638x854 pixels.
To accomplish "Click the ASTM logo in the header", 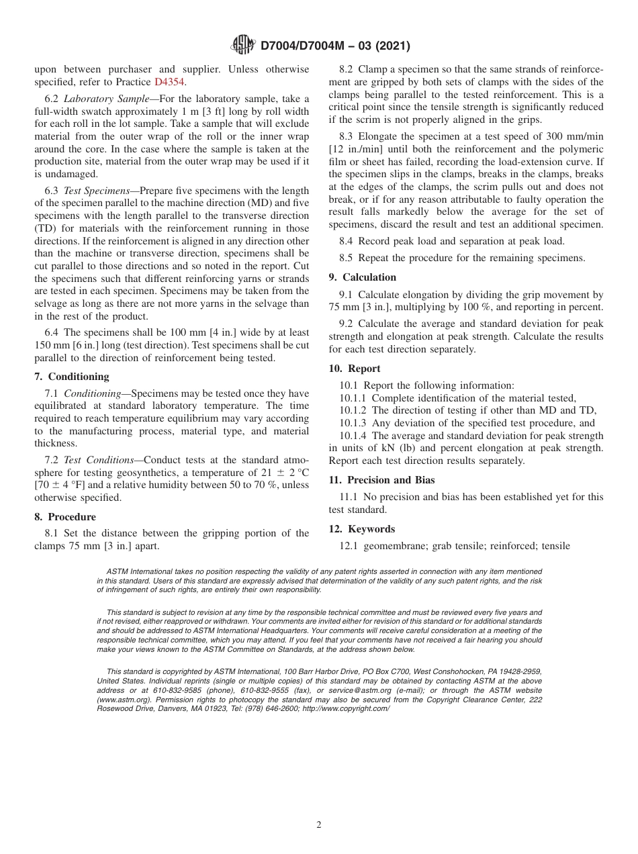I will click(x=242, y=45).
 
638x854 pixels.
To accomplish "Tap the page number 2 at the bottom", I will click(x=319, y=825).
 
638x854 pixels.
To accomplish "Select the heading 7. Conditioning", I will click(x=71, y=377).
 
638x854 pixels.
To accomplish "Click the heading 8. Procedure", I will click(x=65, y=517).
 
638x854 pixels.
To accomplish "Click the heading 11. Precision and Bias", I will click(x=381, y=480).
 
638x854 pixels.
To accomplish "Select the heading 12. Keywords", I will click(x=361, y=529).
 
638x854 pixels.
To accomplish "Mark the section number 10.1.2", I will click(x=354, y=410).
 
